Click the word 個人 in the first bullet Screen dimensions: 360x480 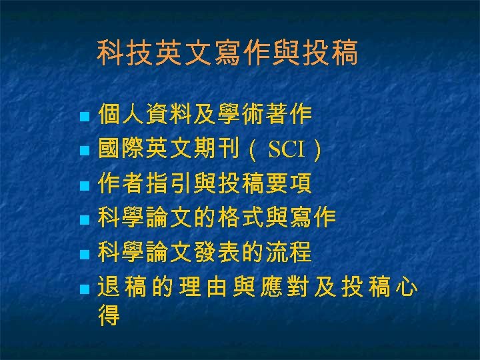[x=121, y=115]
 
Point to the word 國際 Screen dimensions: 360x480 [x=121, y=151]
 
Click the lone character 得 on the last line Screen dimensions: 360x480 [x=109, y=316]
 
